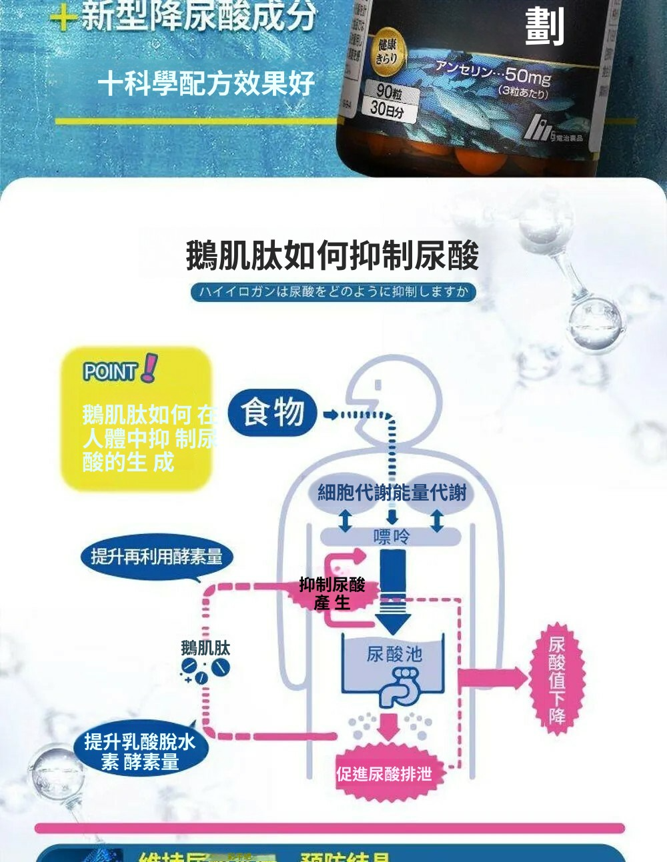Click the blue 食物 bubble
point(272,412)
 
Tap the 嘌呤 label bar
point(392,537)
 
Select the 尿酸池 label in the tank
point(394,654)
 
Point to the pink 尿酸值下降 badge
point(557,679)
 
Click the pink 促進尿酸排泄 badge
point(384,774)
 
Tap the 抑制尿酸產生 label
point(332,593)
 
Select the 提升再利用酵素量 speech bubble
point(157,556)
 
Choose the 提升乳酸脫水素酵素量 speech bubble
point(140,751)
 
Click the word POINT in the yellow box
point(110,371)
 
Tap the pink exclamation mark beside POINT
point(150,367)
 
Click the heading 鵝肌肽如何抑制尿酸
point(332,256)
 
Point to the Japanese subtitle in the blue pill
point(333,291)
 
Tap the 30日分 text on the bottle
point(387,109)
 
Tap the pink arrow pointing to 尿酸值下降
point(494,679)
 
